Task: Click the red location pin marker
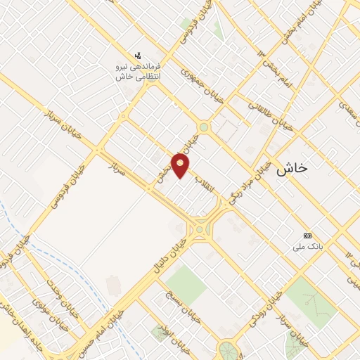(181, 165)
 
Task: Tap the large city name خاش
(292, 169)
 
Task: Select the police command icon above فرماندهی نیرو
(138, 55)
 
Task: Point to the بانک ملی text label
(307, 247)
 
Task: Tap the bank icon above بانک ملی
(307, 236)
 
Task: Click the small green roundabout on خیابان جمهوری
(204, 127)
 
